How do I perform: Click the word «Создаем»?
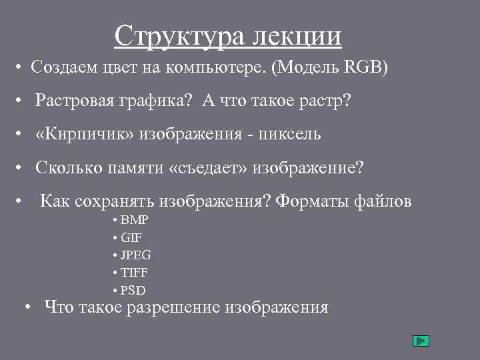[60, 67]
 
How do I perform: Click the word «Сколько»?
[68, 167]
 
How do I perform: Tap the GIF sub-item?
[131, 237]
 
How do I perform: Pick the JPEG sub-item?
[136, 255]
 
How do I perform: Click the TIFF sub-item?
[134, 273]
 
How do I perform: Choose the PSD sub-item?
[133, 290]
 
